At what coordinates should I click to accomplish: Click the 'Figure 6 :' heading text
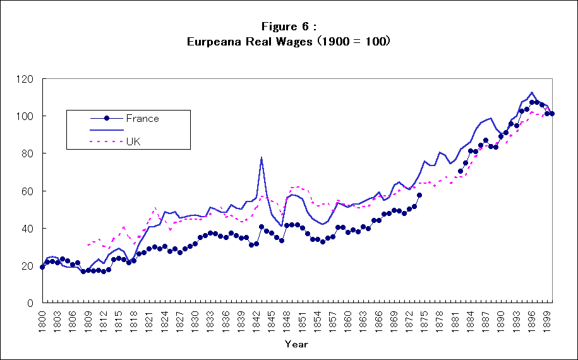(289, 26)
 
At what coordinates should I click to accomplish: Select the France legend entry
(142, 118)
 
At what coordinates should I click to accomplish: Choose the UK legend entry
(133, 141)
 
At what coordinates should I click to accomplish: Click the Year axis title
(296, 344)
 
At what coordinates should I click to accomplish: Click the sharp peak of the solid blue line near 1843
(262, 157)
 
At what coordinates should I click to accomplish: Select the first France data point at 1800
(42, 267)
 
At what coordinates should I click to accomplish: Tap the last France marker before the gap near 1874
(419, 195)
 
